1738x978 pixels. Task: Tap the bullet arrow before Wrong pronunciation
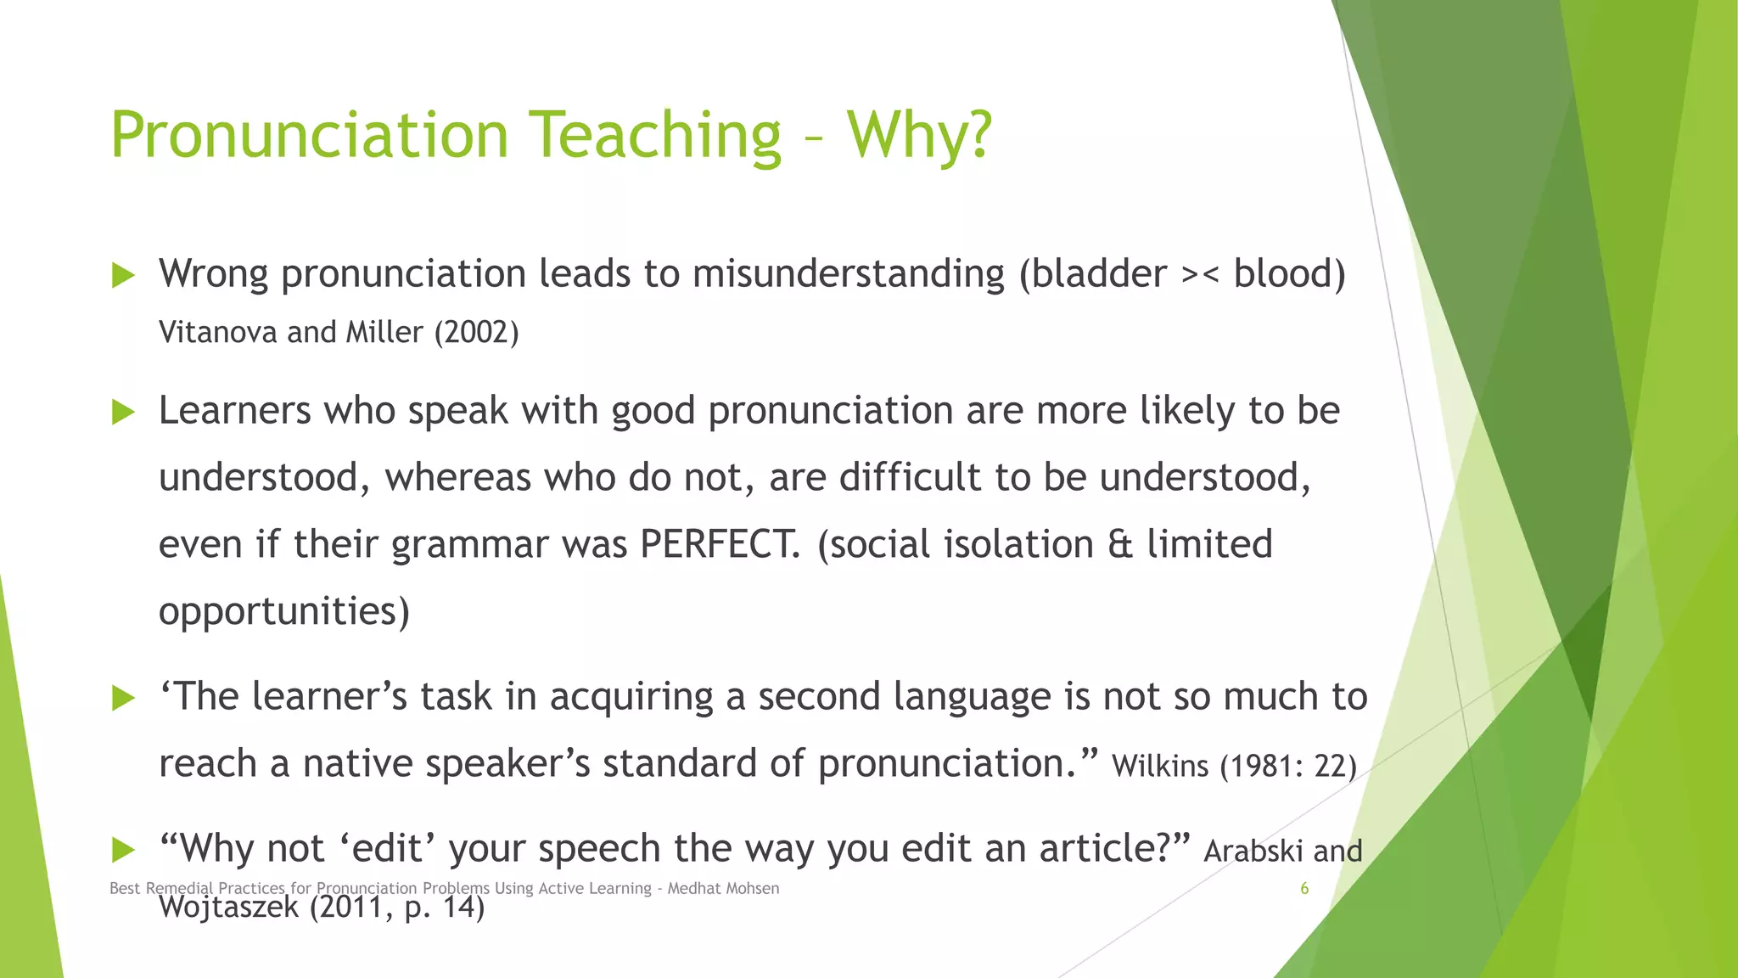point(124,275)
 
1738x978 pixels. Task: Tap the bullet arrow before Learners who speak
point(124,413)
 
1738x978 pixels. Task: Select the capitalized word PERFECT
point(720,544)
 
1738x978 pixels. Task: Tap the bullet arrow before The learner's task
point(124,699)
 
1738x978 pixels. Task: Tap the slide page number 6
point(1304,889)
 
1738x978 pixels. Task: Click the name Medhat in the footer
point(695,889)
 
